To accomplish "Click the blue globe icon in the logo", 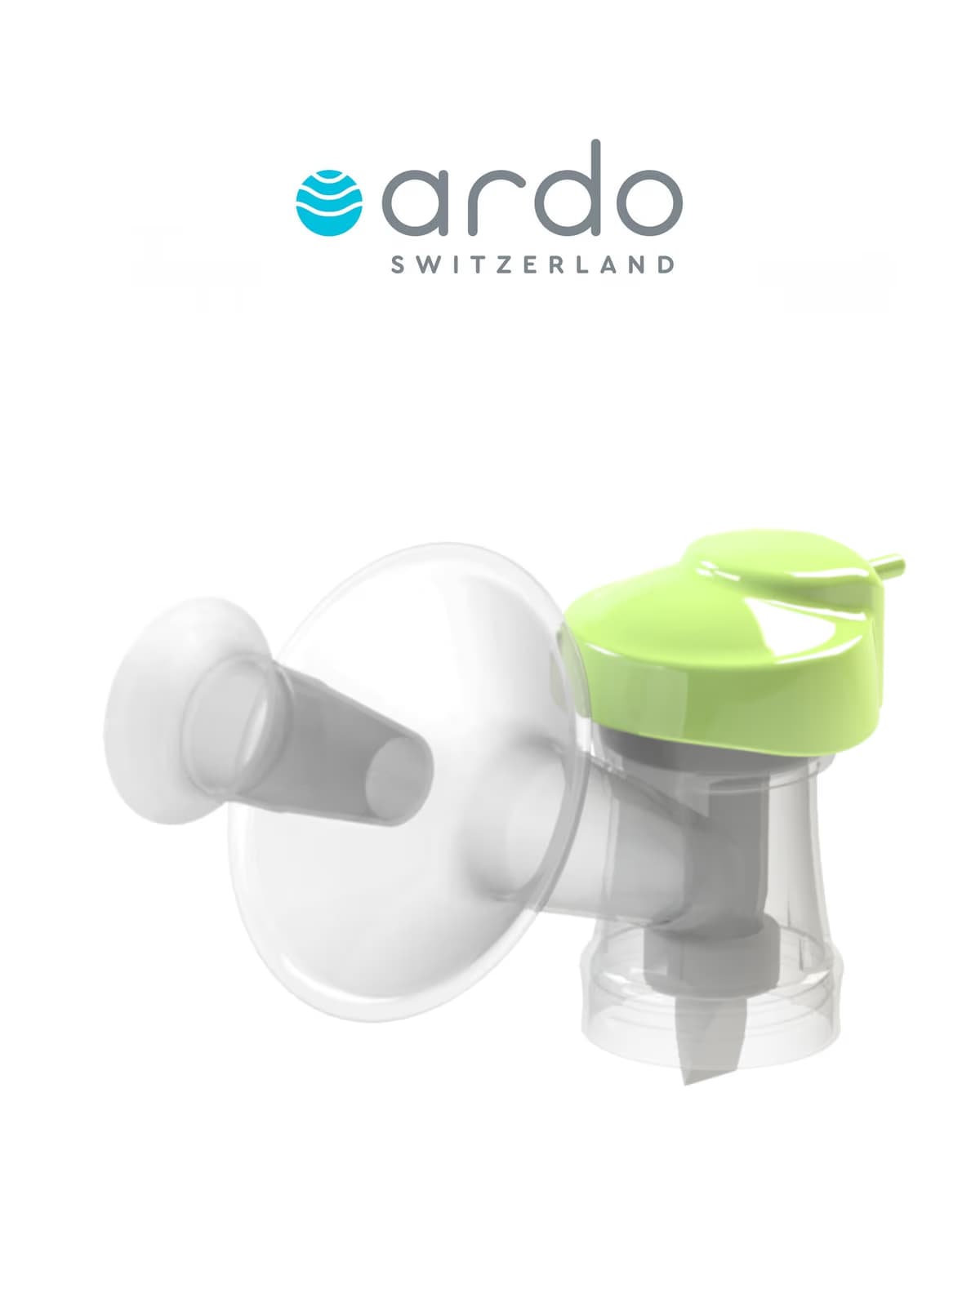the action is coord(329,203).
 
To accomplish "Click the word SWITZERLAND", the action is coord(532,264).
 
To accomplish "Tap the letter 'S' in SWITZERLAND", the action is coord(398,264).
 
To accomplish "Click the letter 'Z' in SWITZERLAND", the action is coord(509,264).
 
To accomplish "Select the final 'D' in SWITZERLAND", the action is coord(667,264).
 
